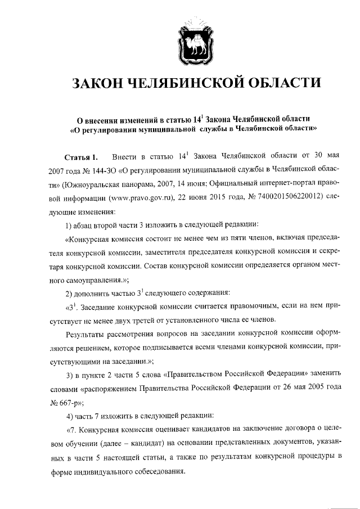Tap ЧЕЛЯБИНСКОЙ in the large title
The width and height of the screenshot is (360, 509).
(x=188, y=84)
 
